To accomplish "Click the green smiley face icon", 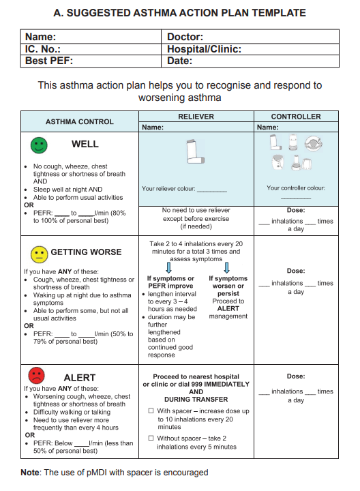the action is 39,145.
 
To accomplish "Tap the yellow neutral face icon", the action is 39,254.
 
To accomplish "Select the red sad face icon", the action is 36,375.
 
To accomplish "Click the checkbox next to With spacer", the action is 151,411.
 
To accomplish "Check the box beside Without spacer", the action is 151,438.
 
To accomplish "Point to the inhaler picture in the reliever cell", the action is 195,151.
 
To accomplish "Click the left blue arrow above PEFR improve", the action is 168,268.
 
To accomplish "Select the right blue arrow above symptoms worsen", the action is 227,268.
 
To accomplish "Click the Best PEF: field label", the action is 49,61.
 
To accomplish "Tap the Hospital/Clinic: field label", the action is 204,49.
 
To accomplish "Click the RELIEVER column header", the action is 196,117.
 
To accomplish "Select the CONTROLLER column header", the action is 296,117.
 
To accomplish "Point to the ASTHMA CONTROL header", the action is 80,121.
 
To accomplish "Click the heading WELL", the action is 85,144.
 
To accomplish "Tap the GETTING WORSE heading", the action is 86,252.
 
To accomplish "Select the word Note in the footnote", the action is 31,472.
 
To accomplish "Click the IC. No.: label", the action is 43,49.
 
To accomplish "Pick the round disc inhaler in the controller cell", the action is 314,143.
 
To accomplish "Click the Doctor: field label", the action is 185,37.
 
